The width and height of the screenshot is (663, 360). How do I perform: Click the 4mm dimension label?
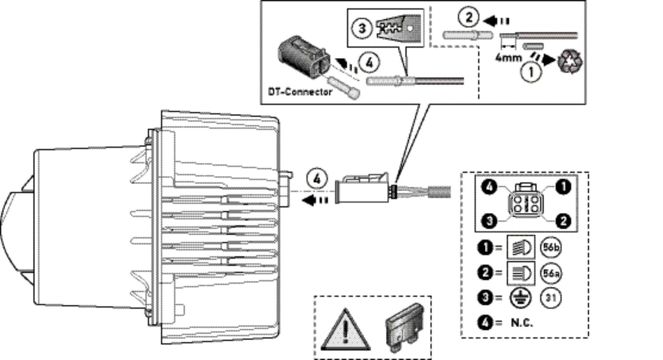(x=510, y=57)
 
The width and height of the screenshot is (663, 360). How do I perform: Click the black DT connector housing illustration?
(x=303, y=62)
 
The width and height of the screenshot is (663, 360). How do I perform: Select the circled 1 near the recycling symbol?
(x=532, y=73)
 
